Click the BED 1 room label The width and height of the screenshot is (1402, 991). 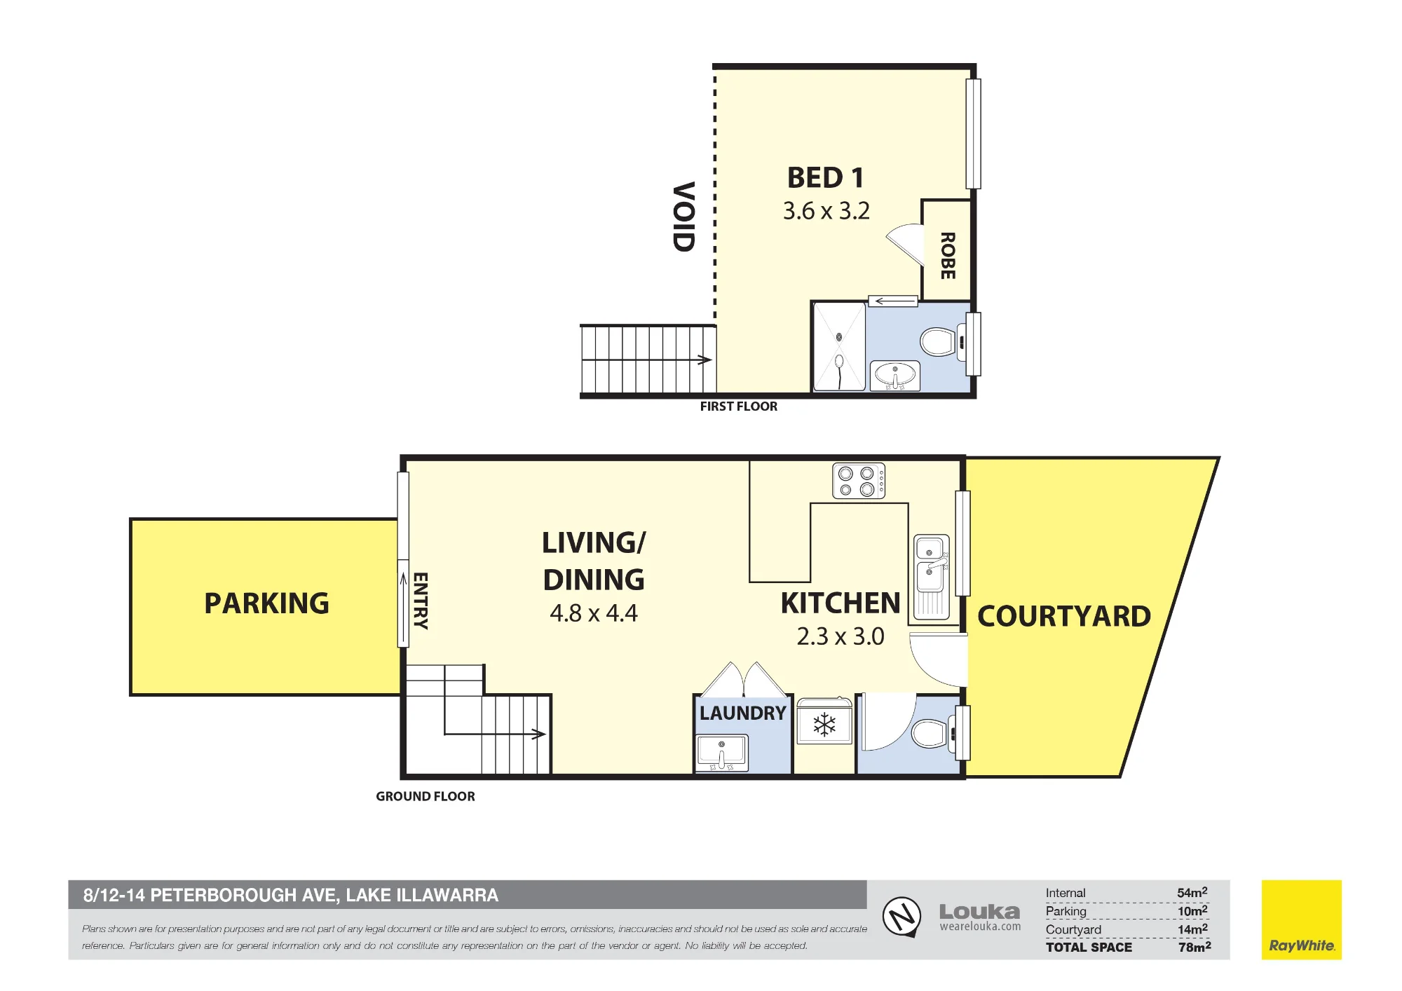[825, 178]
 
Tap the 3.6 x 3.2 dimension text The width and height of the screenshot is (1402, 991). [826, 211]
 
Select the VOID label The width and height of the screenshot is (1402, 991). [683, 217]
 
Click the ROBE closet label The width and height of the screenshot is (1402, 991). [948, 256]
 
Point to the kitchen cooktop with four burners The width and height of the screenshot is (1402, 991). [859, 481]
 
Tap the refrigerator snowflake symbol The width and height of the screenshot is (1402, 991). [824, 725]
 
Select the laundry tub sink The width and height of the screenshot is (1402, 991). [722, 753]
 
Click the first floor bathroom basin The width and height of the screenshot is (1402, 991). [894, 376]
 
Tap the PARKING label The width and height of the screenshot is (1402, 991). [266, 603]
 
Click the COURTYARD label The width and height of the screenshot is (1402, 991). [1064, 617]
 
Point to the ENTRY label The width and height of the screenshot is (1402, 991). [420, 601]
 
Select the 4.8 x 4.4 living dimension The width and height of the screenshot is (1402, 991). [594, 613]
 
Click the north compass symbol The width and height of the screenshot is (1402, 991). [901, 916]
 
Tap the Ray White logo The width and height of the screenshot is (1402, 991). [1302, 920]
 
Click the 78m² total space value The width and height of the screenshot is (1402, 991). [1195, 947]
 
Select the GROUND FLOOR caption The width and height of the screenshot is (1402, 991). [426, 796]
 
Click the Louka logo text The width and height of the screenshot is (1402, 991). [979, 912]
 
